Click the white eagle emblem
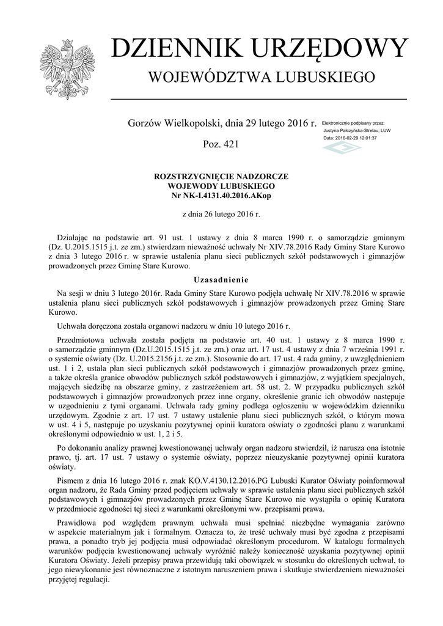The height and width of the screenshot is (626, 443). (x=62, y=70)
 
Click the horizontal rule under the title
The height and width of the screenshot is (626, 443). (x=258, y=98)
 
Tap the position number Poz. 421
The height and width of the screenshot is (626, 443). (x=221, y=144)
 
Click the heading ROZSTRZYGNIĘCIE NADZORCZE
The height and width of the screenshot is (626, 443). (x=221, y=176)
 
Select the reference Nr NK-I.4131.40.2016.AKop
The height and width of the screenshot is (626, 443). (x=221, y=194)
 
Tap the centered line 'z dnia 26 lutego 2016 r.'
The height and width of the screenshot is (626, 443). (x=221, y=215)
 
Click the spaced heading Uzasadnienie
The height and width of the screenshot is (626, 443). (x=221, y=279)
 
